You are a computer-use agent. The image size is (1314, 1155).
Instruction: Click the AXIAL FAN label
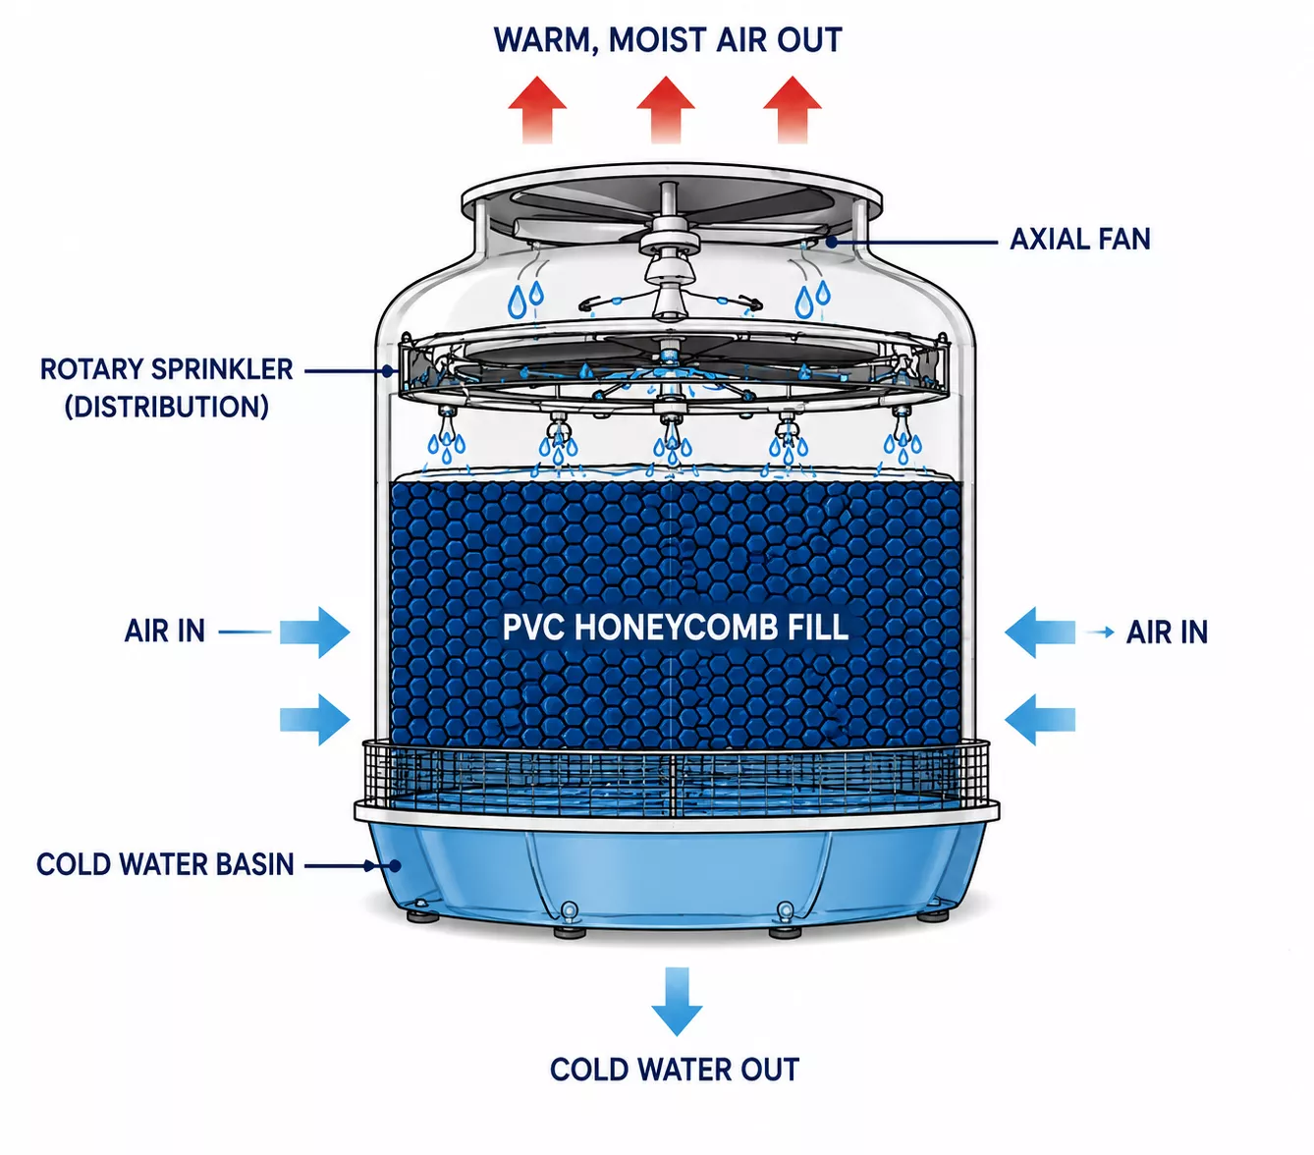tap(1080, 240)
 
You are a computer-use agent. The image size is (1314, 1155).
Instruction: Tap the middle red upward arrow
tap(666, 110)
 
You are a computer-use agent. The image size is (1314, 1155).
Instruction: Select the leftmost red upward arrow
tap(537, 110)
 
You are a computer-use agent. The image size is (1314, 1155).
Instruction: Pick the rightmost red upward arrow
tap(792, 110)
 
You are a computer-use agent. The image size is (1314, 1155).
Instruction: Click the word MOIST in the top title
tap(657, 40)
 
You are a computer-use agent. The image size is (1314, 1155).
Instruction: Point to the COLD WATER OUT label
tap(675, 1070)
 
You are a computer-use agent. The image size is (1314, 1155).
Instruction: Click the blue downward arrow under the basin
tap(677, 1002)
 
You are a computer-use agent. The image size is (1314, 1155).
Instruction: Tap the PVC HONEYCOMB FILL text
tap(675, 628)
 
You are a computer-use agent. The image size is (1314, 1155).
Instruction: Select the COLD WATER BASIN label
tap(165, 864)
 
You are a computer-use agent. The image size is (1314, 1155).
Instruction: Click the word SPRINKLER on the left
tap(223, 369)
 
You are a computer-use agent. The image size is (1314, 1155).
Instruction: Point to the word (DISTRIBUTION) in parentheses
tap(167, 407)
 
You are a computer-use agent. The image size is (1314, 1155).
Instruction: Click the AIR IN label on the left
tap(165, 631)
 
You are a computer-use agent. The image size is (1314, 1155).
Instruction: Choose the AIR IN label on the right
tap(1167, 632)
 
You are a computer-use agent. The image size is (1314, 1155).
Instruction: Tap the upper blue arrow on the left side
tap(314, 632)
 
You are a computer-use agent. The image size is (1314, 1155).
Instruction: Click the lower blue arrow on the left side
tap(314, 719)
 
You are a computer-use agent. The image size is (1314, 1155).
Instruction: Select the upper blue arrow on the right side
tap(1040, 632)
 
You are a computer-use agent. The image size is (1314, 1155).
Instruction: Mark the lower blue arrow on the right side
tap(1040, 719)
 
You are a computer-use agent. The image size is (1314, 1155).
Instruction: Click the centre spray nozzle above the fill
tap(672, 423)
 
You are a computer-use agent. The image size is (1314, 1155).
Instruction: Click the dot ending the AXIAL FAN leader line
tap(831, 242)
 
